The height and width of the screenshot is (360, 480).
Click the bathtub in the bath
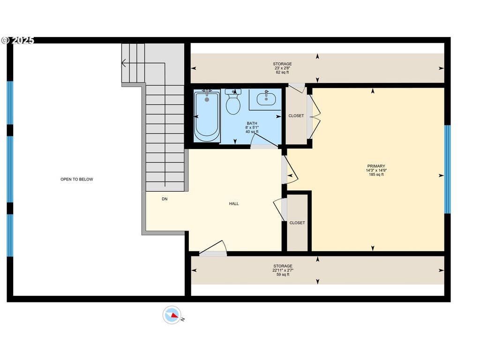[x=207, y=116]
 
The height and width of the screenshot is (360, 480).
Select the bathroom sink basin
[x=266, y=99]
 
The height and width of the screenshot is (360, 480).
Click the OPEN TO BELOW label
[x=76, y=180]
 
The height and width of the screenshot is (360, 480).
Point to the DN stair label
[x=165, y=199]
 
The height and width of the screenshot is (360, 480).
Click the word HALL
[x=234, y=203]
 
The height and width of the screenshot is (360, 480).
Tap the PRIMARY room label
[x=376, y=166]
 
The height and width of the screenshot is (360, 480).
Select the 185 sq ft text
[x=376, y=174]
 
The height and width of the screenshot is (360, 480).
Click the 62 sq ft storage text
[x=282, y=73]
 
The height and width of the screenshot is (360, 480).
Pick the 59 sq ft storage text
[x=283, y=275]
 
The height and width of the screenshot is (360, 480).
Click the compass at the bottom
[x=172, y=315]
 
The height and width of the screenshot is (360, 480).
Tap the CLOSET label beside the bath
[x=296, y=116]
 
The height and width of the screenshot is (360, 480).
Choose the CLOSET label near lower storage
[x=297, y=223]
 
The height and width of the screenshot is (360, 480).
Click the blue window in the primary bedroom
[x=448, y=169]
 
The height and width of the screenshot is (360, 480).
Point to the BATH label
[x=252, y=123]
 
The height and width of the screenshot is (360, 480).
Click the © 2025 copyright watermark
[x=17, y=40]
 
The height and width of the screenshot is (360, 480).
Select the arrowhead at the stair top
[x=123, y=63]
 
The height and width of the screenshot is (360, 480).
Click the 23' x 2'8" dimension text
[x=282, y=68]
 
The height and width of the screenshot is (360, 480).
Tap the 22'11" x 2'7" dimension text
[x=283, y=270]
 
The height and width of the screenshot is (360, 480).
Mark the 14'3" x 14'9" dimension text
[x=376, y=171]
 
